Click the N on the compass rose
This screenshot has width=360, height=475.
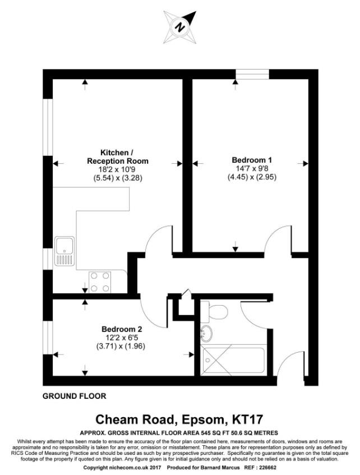click(x=179, y=27)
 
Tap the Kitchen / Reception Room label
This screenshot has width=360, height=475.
click(x=118, y=156)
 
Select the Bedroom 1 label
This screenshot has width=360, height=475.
click(x=252, y=160)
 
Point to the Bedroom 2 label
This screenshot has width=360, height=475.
click(x=122, y=329)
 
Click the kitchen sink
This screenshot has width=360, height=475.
click(x=64, y=251)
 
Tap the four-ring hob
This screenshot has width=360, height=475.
click(x=100, y=282)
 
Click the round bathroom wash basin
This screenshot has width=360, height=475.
click(x=206, y=334)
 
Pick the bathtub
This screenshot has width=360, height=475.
click(x=234, y=360)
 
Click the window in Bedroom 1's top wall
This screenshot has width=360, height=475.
click(x=252, y=75)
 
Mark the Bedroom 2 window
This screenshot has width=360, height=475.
click(x=48, y=337)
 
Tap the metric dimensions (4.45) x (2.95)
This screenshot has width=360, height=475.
click(x=252, y=177)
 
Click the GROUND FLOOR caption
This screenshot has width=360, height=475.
click(x=74, y=396)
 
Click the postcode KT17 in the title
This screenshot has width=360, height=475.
click(x=247, y=419)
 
